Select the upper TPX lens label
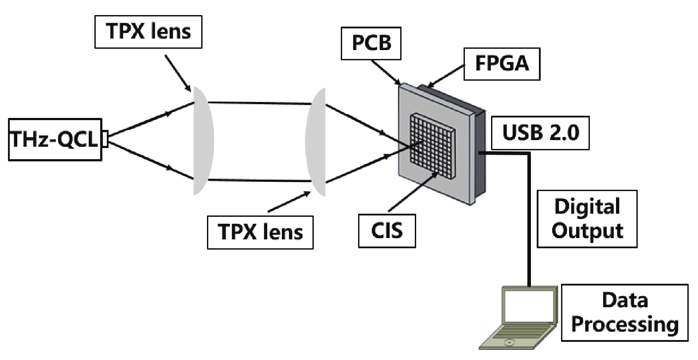tap(148, 32)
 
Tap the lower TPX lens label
tap(260, 232)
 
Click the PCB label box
tap(371, 43)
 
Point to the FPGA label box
tap(502, 63)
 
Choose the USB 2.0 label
tap(540, 132)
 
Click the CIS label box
tap(387, 231)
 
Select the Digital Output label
tap(587, 219)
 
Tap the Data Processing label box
tap(624, 313)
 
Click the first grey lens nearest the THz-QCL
tap(203, 140)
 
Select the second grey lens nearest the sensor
tap(316, 142)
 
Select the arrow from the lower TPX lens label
tap(289, 202)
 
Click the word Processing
tap(624, 324)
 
